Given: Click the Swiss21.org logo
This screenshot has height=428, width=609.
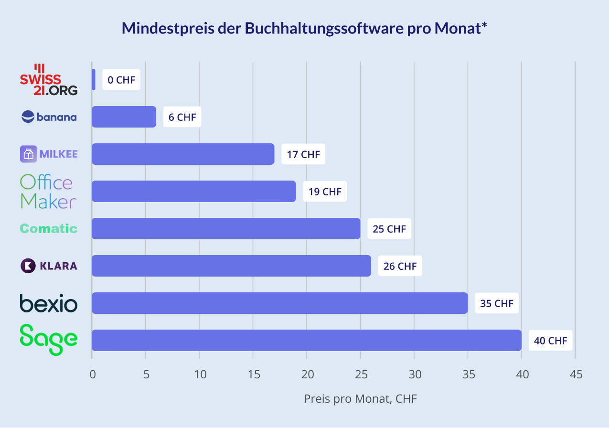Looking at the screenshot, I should pyautogui.click(x=48, y=79).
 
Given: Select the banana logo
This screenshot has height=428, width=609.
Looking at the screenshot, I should pyautogui.click(x=49, y=117).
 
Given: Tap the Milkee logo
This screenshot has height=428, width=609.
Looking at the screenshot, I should pyautogui.click(x=49, y=154).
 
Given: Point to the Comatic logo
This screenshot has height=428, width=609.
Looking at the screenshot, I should pyautogui.click(x=49, y=228).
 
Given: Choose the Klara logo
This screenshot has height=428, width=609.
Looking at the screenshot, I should pyautogui.click(x=49, y=266).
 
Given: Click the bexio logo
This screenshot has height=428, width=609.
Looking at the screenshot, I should pyautogui.click(x=49, y=303).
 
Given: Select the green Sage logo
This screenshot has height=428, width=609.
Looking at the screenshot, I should pyautogui.click(x=49, y=340).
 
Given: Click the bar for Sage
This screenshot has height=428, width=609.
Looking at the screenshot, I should pyautogui.click(x=306, y=340).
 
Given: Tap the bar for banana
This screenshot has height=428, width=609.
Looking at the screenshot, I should pyautogui.click(x=124, y=117).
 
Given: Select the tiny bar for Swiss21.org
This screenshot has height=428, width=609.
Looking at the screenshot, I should pyautogui.click(x=93, y=79).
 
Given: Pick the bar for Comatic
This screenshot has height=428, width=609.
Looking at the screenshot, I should pyautogui.click(x=225, y=228).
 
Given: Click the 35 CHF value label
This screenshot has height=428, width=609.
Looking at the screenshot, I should pyautogui.click(x=497, y=303).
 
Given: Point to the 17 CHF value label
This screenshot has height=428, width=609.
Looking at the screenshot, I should pyautogui.click(x=303, y=154).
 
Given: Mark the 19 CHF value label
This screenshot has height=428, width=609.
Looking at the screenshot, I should pyautogui.click(x=325, y=192).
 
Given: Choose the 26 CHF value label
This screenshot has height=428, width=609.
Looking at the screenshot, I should pyautogui.click(x=400, y=266).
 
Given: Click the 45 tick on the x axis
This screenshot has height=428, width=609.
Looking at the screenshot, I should pyautogui.click(x=576, y=374).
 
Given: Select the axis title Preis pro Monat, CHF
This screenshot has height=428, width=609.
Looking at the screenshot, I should pyautogui.click(x=361, y=398).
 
